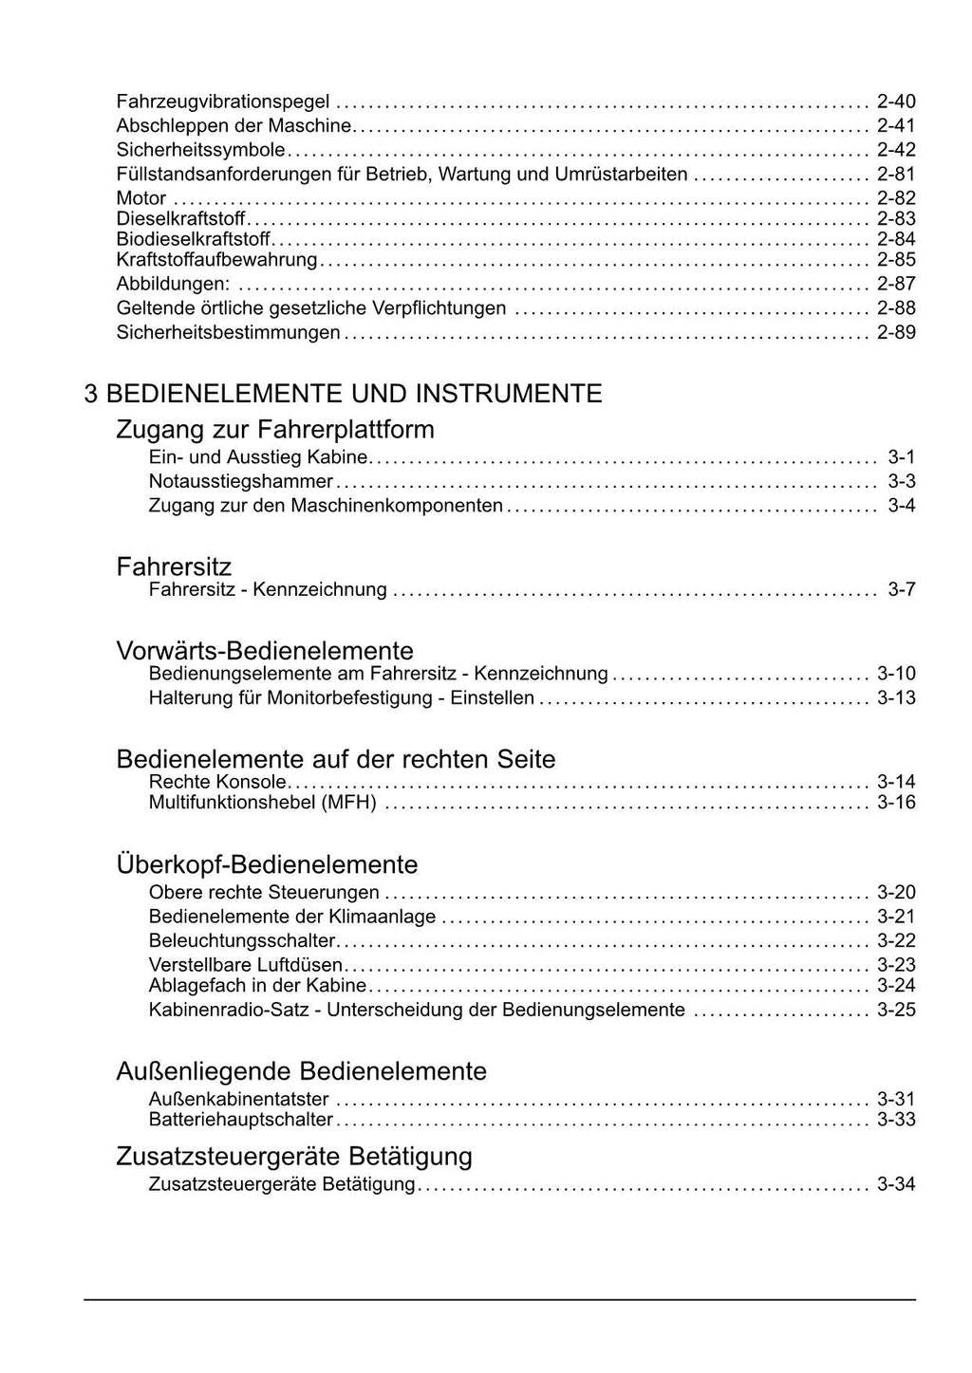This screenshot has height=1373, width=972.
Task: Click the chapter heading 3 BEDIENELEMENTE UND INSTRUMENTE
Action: coord(343,394)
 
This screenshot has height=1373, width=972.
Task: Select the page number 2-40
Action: coord(895,102)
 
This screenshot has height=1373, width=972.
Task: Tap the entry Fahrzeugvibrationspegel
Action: coord(223,102)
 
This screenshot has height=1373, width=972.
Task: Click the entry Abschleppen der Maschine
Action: coord(234,126)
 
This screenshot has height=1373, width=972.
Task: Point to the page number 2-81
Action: coord(895,175)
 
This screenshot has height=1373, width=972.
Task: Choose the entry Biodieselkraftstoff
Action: coord(194,239)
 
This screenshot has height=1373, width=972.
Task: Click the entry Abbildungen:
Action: coord(173,284)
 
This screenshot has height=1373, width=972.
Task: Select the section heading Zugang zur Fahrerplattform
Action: coord(275,430)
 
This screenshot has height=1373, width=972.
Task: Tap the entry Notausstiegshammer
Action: coord(241,482)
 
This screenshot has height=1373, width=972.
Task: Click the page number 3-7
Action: coord(901,590)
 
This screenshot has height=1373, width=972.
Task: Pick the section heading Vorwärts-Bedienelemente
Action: coord(265,651)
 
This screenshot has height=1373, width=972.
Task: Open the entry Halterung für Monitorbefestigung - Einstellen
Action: coord(342,699)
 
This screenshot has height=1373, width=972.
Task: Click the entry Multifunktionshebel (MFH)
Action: coord(263,804)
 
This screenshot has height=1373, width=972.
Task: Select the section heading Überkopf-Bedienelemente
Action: coord(267,864)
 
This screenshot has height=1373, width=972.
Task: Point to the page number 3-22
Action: coord(895,941)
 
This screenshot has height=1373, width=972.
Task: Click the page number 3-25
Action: coord(895,1011)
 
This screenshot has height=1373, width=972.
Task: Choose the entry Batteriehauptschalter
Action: coord(241,1121)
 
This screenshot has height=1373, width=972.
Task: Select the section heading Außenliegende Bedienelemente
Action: coord(301,1071)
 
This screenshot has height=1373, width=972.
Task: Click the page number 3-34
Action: coord(895,1185)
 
